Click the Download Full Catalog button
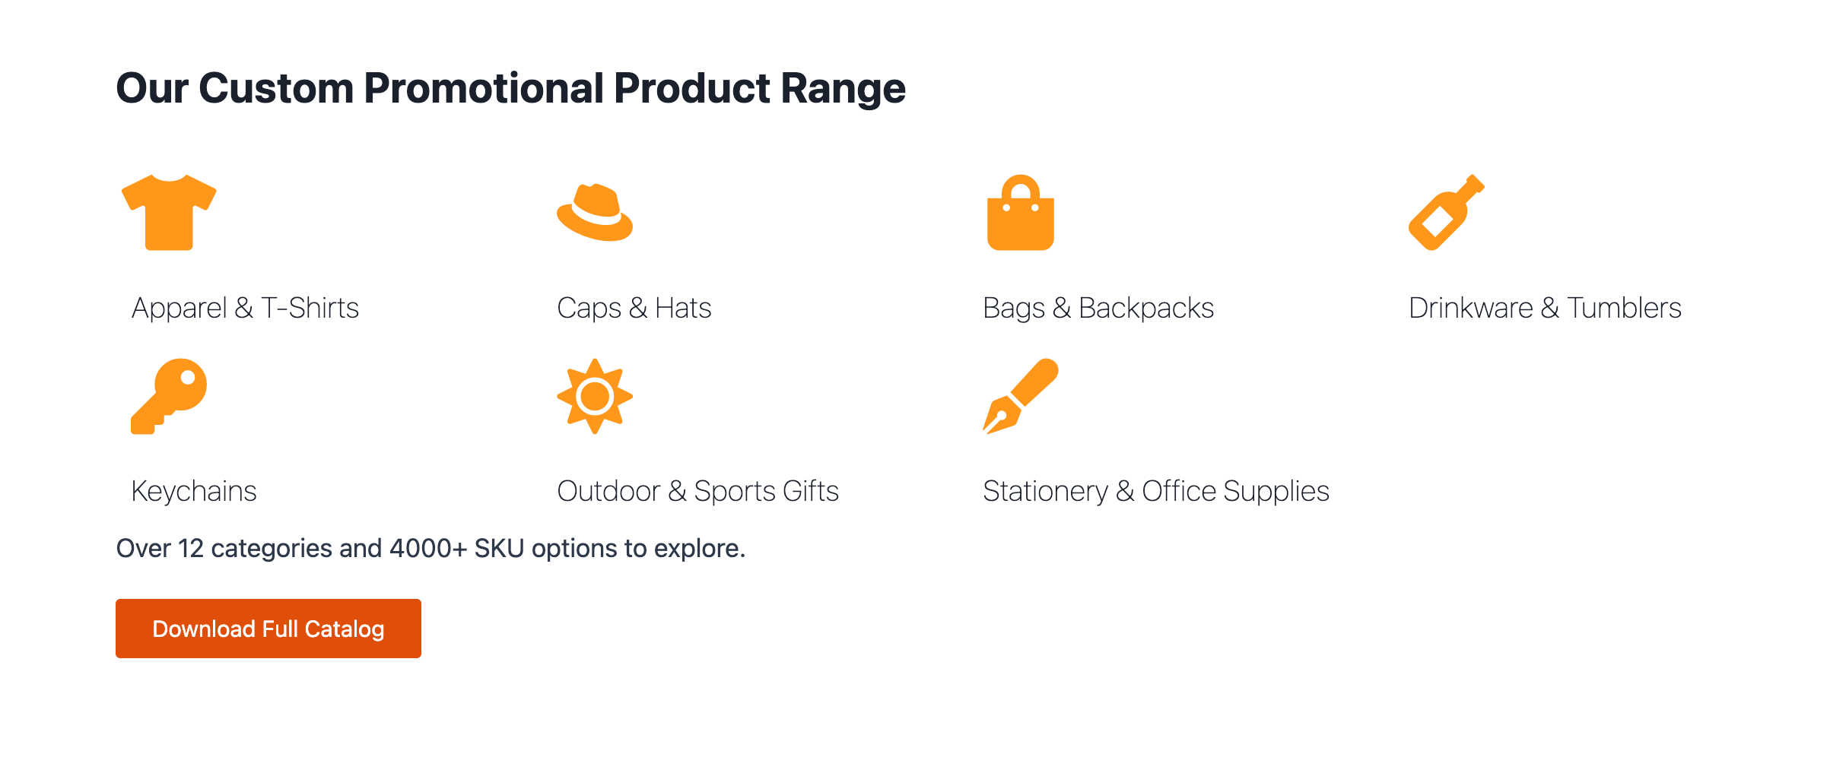click(268, 629)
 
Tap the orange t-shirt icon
click(169, 212)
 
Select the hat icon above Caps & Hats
click(595, 212)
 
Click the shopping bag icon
click(1021, 212)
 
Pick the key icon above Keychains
click(169, 396)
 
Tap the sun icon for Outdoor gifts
click(595, 396)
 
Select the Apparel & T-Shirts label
click(245, 308)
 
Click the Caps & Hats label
click(634, 308)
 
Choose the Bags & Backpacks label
click(1098, 308)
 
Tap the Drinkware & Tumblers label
click(1545, 308)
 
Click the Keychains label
click(194, 491)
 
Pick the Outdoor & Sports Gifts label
click(698, 491)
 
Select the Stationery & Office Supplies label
click(1156, 491)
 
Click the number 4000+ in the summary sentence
click(428, 548)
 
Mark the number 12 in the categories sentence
click(191, 548)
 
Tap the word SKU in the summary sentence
click(499, 548)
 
